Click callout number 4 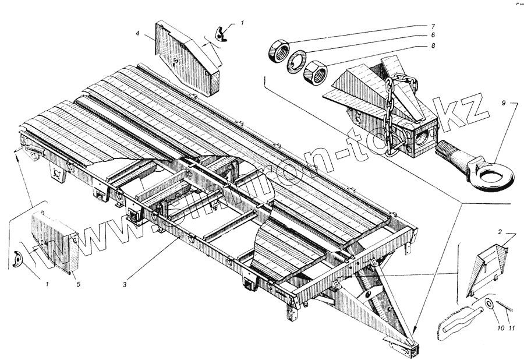(x=137, y=34)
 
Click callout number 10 (x=500, y=329)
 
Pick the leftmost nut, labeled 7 (x=278, y=51)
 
